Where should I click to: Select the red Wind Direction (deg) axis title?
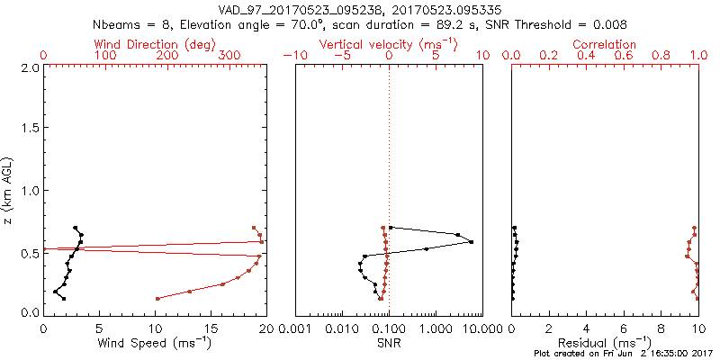click(155, 44)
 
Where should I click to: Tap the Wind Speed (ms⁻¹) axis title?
click(155, 342)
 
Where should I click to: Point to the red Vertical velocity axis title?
click(389, 44)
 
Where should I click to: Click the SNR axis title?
click(389, 342)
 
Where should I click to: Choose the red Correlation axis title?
click(605, 44)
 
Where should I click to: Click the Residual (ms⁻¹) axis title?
click(605, 342)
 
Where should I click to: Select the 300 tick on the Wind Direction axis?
click(229, 56)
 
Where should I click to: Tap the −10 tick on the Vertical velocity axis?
click(295, 56)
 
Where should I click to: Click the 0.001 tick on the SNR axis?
click(295, 329)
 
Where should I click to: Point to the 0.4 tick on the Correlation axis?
click(586, 56)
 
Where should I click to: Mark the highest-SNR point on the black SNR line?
click(471, 242)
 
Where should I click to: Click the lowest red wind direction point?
click(157, 298)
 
